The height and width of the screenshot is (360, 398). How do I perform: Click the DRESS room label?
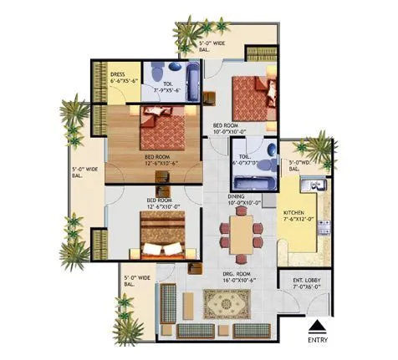point(118,74)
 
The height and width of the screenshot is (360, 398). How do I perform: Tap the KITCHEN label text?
point(294,213)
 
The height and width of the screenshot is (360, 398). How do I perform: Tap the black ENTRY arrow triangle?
point(315,327)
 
